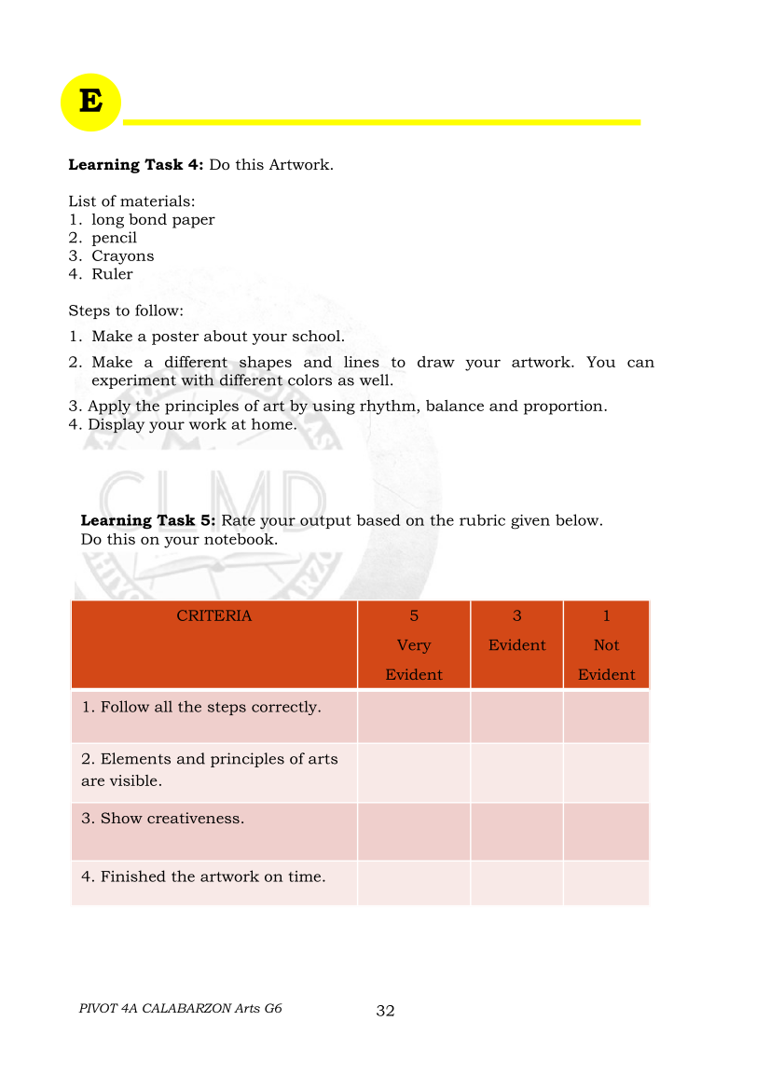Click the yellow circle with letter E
(x=90, y=102)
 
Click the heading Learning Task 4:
(x=136, y=165)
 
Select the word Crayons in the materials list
(x=122, y=256)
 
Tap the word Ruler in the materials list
(x=112, y=274)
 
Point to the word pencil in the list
(x=114, y=238)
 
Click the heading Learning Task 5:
(x=148, y=520)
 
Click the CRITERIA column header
(x=213, y=615)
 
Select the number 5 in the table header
(x=414, y=615)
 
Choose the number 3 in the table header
(x=517, y=615)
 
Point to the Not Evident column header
(x=606, y=659)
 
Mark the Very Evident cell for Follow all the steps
(x=414, y=717)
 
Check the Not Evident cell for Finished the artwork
(x=606, y=882)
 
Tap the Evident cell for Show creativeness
(x=517, y=831)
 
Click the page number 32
(x=385, y=1011)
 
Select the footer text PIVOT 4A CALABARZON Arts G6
(x=181, y=1008)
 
